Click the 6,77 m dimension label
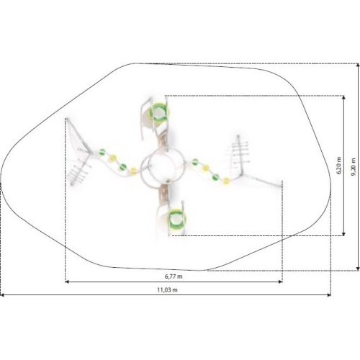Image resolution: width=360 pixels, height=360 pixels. [x=174, y=276]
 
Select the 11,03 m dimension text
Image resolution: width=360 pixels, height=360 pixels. [x=167, y=290]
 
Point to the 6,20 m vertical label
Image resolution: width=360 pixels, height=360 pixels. [x=339, y=166]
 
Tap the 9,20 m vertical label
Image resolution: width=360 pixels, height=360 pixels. [x=354, y=167]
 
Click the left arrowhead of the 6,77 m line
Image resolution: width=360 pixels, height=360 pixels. [x=67, y=282]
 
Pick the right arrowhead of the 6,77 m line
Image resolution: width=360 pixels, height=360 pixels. [x=280, y=282]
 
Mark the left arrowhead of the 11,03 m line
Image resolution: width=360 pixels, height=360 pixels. [x=2, y=294]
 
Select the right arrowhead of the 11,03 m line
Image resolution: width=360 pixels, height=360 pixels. [x=329, y=294]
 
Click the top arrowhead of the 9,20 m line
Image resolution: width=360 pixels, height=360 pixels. [x=358, y=66]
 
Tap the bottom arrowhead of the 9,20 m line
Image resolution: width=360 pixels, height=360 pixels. [x=358, y=269]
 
